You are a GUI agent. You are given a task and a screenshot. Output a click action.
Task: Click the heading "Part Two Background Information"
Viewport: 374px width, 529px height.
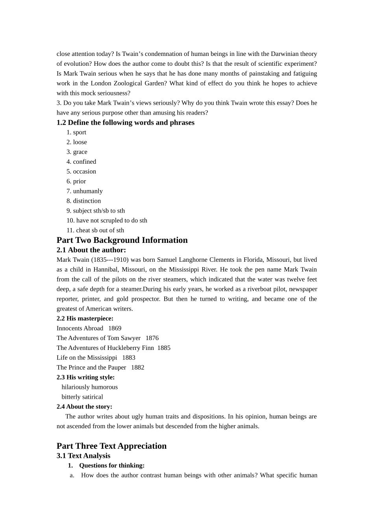coord(122,240)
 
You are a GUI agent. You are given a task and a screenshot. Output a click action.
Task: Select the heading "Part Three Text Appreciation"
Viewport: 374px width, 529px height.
coord(111,446)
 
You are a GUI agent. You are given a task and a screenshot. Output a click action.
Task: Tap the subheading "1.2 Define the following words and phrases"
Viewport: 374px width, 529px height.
coord(125,122)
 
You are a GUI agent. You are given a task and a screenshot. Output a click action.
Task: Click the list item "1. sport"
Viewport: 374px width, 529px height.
coord(76,132)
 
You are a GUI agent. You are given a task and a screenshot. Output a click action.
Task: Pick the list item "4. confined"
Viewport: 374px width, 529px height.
coord(81,162)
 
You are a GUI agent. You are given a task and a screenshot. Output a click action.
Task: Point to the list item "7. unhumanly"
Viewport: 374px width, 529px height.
coord(84,191)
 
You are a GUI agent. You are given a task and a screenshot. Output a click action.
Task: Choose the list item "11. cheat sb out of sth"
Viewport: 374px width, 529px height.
coord(95,230)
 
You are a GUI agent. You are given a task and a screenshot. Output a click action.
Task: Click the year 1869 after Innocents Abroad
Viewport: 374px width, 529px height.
coord(115,328)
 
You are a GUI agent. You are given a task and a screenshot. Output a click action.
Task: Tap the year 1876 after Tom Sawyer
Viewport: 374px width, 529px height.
coord(152,338)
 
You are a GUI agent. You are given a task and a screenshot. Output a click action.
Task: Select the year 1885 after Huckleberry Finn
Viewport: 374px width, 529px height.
coord(164,348)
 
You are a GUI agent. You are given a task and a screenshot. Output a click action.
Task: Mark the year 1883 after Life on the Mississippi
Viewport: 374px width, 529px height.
coord(129,358)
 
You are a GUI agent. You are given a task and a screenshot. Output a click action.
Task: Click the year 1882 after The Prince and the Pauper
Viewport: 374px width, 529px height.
coord(138,368)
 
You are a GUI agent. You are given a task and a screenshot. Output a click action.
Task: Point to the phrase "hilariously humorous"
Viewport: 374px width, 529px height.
coord(89,387)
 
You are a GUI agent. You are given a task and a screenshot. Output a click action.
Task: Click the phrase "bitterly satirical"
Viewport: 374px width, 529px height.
coord(82,397)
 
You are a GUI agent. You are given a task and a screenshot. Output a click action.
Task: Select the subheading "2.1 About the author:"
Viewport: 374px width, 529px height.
coord(91,250)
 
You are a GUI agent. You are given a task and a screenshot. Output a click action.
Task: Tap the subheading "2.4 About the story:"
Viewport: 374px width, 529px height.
coord(84,407)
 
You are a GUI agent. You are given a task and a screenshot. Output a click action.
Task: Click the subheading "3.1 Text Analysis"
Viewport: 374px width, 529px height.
coord(83,456)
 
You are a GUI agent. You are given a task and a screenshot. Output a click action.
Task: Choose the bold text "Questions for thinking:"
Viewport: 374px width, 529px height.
coord(112,466)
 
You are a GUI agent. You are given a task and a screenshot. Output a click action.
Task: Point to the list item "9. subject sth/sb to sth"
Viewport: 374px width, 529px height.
coord(96,211)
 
